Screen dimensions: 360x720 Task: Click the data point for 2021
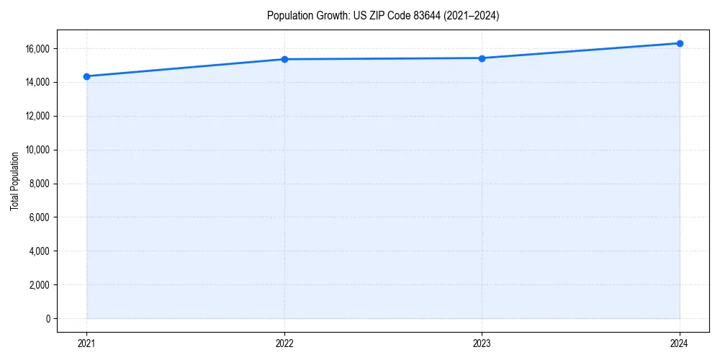[x=86, y=76]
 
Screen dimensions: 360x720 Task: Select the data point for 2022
[x=284, y=59]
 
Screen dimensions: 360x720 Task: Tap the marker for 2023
[x=482, y=58]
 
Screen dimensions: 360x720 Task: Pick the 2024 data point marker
[x=680, y=43]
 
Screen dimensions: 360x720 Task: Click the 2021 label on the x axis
[x=86, y=343]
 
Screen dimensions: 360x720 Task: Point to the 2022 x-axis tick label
[x=284, y=343]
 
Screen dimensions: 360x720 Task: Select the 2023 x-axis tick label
[x=482, y=343]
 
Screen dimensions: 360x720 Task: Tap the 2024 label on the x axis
[x=680, y=343]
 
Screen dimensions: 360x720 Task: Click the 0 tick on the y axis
[x=47, y=319]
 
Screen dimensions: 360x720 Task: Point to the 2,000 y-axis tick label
[x=40, y=285]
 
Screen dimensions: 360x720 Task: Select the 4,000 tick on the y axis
[x=40, y=251]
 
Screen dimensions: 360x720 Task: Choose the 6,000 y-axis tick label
[x=40, y=217]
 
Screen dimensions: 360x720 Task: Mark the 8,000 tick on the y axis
[x=40, y=184]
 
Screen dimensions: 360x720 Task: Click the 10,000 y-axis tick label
[x=37, y=150]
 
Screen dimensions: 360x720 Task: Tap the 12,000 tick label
[x=37, y=116]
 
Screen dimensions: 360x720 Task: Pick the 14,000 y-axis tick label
[x=37, y=82]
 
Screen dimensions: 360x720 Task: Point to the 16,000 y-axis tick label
[x=37, y=49]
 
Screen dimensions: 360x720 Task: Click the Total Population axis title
[x=14, y=181]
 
